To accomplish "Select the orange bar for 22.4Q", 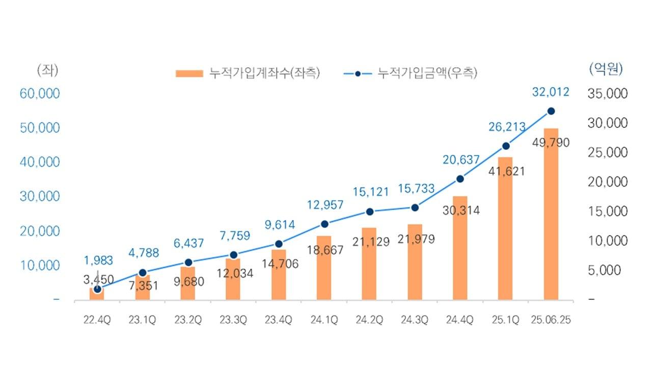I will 97,295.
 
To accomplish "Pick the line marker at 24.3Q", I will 415,207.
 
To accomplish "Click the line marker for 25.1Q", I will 505,146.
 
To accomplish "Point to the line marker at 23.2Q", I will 188,263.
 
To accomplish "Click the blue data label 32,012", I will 551,92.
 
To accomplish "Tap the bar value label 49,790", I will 551,142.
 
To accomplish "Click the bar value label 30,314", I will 460,210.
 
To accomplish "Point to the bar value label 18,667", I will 324,250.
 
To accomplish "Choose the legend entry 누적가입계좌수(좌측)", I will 248,73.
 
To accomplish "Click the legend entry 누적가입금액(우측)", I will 411,73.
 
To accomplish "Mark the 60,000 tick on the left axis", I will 40,93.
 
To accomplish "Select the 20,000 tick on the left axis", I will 40,231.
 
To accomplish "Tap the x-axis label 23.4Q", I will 278,320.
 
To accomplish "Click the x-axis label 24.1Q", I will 324,320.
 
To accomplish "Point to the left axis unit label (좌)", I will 48,70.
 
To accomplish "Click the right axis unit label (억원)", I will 606,69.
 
